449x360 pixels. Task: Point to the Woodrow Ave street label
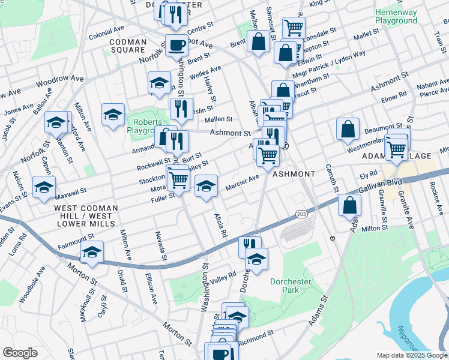pyautogui.click(x=59, y=79)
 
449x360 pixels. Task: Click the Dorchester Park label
pyautogui.click(x=276, y=285)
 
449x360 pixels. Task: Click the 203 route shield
pyautogui.click(x=301, y=214)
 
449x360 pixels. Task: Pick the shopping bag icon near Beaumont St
pyautogui.click(x=348, y=128)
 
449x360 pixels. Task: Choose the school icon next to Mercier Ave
pyautogui.click(x=206, y=185)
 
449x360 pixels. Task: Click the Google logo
pyautogui.click(x=20, y=353)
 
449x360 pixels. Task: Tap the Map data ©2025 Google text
pyautogui.click(x=411, y=355)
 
